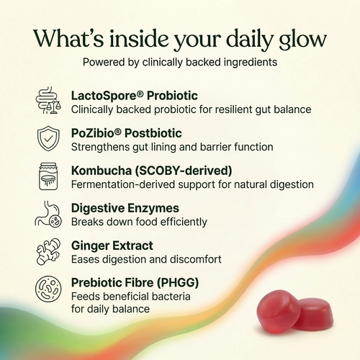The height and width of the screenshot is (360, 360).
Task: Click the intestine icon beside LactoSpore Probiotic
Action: click(50, 102)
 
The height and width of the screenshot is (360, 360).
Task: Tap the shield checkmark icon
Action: click(50, 139)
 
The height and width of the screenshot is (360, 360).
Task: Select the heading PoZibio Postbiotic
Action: click(126, 133)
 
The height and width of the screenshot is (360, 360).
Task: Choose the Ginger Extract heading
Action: click(113, 246)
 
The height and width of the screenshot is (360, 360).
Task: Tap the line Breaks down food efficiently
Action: click(139, 222)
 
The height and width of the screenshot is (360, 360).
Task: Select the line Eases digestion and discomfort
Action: click(146, 259)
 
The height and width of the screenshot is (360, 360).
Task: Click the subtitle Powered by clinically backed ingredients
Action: click(180, 62)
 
